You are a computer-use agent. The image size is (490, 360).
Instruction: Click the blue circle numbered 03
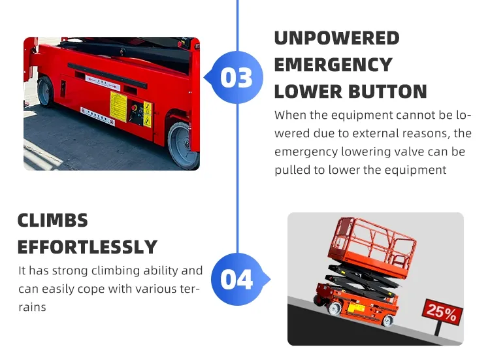click(237, 77)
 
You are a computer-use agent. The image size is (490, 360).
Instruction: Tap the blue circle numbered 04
click(237, 279)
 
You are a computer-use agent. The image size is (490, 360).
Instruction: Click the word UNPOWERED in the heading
click(336, 38)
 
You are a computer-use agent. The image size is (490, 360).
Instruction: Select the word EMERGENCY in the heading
click(333, 65)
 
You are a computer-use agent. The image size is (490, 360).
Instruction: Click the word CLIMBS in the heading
click(53, 220)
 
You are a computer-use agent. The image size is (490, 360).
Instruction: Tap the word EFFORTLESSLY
click(88, 247)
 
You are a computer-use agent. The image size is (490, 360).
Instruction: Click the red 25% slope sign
click(442, 312)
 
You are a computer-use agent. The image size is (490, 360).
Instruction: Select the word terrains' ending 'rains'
click(32, 307)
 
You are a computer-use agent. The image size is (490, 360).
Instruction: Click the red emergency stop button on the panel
click(134, 108)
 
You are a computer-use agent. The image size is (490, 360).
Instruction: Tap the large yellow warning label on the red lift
click(118, 106)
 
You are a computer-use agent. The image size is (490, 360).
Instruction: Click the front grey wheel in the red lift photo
click(183, 146)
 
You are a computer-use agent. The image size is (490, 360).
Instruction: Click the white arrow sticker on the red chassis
click(103, 83)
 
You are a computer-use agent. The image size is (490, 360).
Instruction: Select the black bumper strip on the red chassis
click(107, 75)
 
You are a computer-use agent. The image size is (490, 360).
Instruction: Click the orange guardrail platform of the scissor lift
click(372, 247)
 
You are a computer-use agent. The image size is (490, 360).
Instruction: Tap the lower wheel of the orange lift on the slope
click(388, 321)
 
